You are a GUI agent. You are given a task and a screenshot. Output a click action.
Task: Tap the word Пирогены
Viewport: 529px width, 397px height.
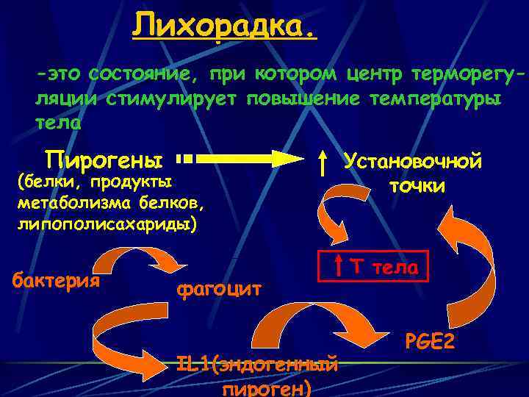tap(104, 159)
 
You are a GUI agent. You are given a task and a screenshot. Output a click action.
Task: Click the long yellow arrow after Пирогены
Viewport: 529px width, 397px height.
tap(242, 158)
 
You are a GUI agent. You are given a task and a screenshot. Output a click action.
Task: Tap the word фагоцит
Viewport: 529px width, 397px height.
tap(219, 288)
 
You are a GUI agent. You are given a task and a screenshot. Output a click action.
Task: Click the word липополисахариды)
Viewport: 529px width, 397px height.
tap(107, 223)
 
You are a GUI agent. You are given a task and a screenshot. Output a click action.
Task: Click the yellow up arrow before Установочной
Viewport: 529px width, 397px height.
tap(324, 162)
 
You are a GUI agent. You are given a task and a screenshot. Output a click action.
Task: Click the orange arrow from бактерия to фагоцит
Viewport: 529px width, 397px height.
tap(140, 259)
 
